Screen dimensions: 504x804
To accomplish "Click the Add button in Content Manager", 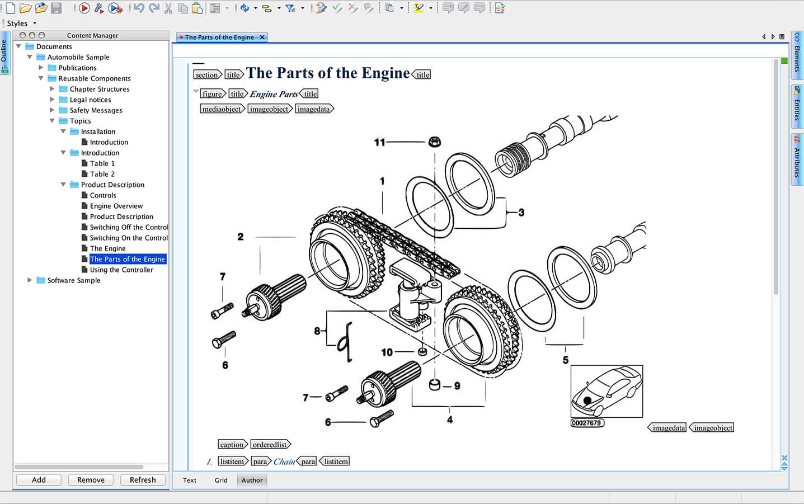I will coord(39,480).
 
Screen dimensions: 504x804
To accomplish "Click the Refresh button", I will coord(143,480).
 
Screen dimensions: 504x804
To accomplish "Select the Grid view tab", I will coord(221,480).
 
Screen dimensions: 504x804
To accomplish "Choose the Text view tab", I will coord(190,480).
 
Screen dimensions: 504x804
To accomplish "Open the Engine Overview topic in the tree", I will coord(116,206).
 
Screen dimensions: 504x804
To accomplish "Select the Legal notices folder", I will coord(90,100).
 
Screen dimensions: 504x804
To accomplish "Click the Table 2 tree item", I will coord(102,174).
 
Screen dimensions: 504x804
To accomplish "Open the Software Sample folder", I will coord(73,280).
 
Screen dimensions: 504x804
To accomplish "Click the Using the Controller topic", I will coord(121,270).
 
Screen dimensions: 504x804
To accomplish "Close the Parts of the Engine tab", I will coord(262,37).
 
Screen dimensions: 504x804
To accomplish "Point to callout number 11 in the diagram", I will coord(379,143).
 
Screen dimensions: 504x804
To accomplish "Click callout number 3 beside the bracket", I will coord(521,213).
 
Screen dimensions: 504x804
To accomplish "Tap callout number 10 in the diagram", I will coord(387,352).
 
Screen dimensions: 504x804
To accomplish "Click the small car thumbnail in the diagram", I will coord(606,391).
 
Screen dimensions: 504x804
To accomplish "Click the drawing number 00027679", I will coord(587,423).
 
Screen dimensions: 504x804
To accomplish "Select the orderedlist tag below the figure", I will coord(270,445).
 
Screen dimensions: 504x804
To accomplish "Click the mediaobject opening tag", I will coord(222,109).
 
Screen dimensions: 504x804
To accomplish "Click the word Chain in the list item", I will coord(284,461).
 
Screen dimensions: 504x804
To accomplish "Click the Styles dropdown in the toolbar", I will coord(21,23).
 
